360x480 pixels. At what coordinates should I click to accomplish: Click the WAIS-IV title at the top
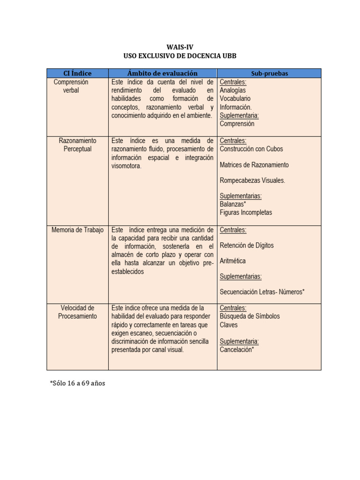pyautogui.click(x=180, y=47)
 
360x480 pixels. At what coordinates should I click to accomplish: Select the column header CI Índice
pyautogui.click(x=77, y=73)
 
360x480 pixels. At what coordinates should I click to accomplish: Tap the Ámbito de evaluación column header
pyautogui.click(x=162, y=73)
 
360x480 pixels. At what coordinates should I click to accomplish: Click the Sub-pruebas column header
pyautogui.click(x=269, y=74)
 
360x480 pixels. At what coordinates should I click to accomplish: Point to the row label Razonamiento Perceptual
pyautogui.click(x=77, y=145)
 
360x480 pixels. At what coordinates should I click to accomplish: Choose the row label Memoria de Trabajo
pyautogui.click(x=77, y=230)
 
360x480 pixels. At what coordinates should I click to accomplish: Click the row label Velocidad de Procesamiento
pyautogui.click(x=77, y=312)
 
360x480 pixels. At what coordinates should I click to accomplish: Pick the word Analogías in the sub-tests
pyautogui.click(x=232, y=90)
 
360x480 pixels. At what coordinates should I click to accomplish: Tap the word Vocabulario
pyautogui.click(x=235, y=99)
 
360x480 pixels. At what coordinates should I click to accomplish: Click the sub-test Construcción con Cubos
pyautogui.click(x=251, y=149)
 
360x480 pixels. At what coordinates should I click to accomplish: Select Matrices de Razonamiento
pyautogui.click(x=254, y=165)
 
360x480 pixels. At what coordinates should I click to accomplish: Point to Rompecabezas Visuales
pyautogui.click(x=252, y=180)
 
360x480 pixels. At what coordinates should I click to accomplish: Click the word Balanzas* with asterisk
pyautogui.click(x=233, y=204)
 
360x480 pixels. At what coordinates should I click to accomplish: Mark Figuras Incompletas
pyautogui.click(x=246, y=213)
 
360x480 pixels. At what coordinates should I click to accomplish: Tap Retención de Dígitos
pyautogui.click(x=247, y=245)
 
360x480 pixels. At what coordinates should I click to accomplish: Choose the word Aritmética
pyautogui.click(x=232, y=261)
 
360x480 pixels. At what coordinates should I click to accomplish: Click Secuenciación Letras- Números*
pyautogui.click(x=262, y=292)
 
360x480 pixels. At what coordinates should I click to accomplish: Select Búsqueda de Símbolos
pyautogui.click(x=249, y=316)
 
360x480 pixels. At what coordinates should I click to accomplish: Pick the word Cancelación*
pyautogui.click(x=237, y=349)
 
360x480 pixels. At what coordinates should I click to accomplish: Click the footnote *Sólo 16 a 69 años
pyautogui.click(x=77, y=383)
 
